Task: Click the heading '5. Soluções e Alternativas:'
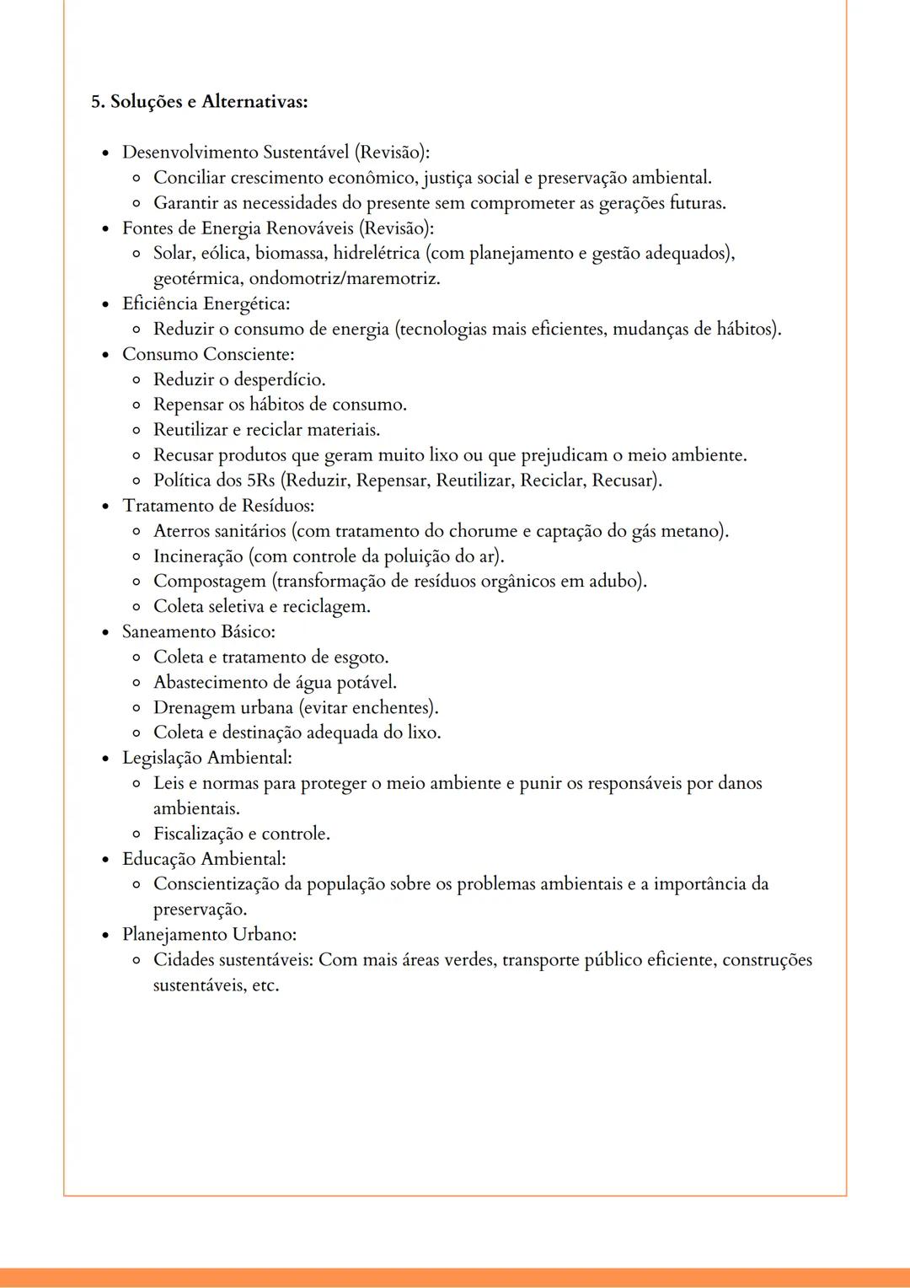click(x=199, y=102)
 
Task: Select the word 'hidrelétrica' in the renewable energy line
click(x=377, y=253)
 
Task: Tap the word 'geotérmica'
click(x=197, y=278)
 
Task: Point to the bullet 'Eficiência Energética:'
click(x=206, y=303)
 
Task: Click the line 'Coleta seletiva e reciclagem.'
click(x=261, y=607)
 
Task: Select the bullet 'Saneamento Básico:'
click(x=199, y=632)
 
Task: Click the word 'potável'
click(x=367, y=683)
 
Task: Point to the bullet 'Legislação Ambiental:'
click(x=207, y=758)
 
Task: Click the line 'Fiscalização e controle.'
click(x=241, y=834)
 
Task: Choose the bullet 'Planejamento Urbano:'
click(x=209, y=935)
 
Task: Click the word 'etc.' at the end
click(x=265, y=985)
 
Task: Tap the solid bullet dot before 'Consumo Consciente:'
click(x=105, y=355)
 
